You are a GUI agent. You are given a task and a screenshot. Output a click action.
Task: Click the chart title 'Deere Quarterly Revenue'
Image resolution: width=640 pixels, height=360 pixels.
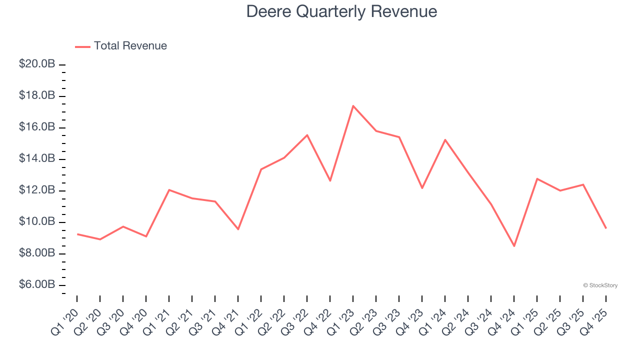click(x=341, y=11)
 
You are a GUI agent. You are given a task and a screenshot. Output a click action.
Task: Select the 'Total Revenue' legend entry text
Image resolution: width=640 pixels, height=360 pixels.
click(x=130, y=46)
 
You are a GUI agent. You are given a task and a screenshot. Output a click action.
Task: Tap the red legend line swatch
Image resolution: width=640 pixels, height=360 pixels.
click(x=82, y=46)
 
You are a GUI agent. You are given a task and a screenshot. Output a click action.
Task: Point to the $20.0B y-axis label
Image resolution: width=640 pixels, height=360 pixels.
click(x=37, y=64)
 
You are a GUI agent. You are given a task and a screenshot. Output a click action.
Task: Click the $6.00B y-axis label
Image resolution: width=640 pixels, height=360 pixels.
click(x=37, y=284)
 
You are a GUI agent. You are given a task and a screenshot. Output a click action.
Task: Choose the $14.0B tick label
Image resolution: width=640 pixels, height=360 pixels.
click(x=37, y=158)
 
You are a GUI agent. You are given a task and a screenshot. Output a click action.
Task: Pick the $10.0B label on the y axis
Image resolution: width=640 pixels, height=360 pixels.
click(x=37, y=221)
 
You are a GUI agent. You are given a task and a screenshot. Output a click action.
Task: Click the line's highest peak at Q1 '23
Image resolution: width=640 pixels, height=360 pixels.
click(x=353, y=105)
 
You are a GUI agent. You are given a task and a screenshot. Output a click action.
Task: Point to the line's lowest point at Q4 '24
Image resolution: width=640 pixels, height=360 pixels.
click(x=514, y=246)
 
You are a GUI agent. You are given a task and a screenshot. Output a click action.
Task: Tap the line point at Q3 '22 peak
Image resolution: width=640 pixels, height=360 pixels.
click(x=307, y=135)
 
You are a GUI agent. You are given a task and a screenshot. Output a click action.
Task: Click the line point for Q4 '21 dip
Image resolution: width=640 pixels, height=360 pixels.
click(x=238, y=229)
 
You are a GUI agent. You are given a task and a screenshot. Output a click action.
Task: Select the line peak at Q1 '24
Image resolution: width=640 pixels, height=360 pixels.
click(x=445, y=139)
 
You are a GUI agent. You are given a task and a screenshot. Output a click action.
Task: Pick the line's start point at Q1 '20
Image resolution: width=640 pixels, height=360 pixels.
click(x=77, y=234)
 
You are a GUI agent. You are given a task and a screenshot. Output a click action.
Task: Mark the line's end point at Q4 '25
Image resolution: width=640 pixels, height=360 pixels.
click(x=606, y=228)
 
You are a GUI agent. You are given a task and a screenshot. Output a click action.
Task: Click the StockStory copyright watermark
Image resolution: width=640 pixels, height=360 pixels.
click(x=600, y=285)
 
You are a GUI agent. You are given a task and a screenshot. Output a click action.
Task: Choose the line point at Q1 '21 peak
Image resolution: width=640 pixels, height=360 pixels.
click(x=169, y=189)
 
